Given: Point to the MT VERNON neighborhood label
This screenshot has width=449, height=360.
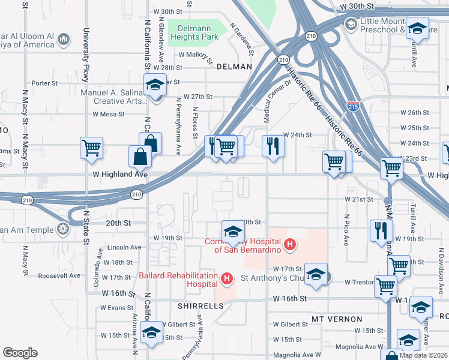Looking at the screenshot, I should click(337, 319).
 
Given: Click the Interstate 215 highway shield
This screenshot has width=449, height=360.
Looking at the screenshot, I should click(354, 106).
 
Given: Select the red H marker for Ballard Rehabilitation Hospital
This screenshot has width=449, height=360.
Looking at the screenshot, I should click(227, 278).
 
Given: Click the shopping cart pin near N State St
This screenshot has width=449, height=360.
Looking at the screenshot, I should click(91, 146).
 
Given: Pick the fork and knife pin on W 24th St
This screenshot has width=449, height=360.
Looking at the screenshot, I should click(273, 145).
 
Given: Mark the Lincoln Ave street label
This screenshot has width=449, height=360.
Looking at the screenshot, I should click(124, 247).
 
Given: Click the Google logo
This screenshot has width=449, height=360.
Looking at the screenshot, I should click(20, 353).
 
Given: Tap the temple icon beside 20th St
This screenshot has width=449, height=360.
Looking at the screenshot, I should click(63, 229).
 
